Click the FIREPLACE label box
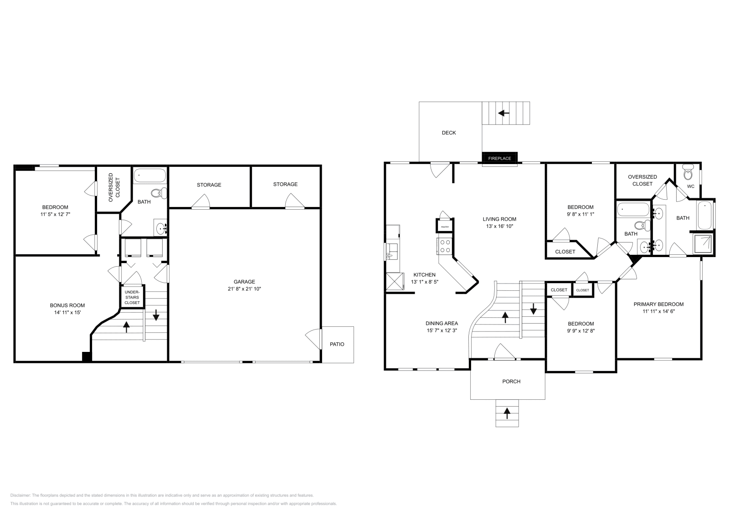500,158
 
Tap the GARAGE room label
245,282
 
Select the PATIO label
337,344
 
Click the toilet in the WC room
688,174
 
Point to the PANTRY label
445,227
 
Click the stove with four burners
444,247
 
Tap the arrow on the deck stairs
503,113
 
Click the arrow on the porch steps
507,413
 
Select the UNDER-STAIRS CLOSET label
132,297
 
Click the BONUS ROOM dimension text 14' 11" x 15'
67,312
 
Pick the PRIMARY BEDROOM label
658,304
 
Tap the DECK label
449,133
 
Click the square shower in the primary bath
704,243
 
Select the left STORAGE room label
209,185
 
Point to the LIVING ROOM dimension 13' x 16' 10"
499,226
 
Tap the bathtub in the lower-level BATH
150,176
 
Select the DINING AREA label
442,323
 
